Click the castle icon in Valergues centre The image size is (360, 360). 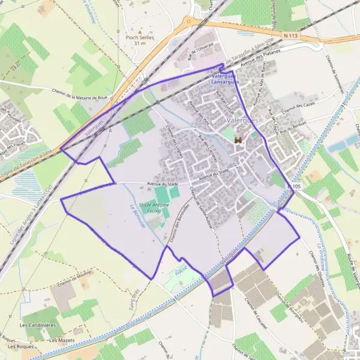238,139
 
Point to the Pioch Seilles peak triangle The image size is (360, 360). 140,31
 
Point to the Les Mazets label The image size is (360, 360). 61,340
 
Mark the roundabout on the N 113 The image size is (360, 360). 192,22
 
